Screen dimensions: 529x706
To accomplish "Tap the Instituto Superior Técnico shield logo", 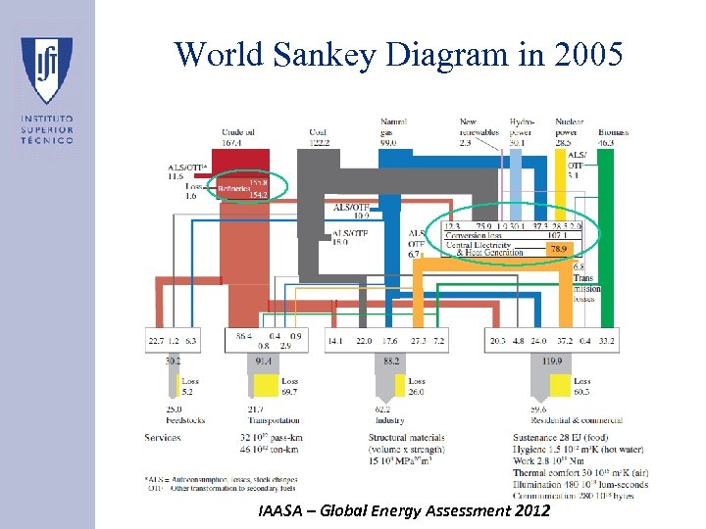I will click(46, 70).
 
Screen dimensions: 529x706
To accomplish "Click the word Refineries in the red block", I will click(233, 189).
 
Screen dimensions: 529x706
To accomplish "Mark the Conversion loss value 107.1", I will click(560, 236).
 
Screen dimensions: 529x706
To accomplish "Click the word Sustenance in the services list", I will click(538, 437).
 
